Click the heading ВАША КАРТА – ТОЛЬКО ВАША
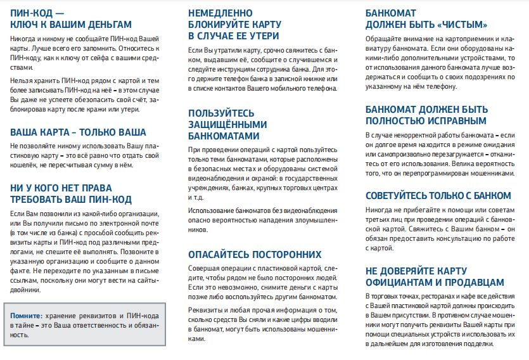tap(79, 132)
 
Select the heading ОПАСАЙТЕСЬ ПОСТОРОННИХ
tap(255, 255)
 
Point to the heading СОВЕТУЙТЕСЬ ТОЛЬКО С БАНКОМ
tap(438, 195)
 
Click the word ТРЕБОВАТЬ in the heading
tap(37, 200)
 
